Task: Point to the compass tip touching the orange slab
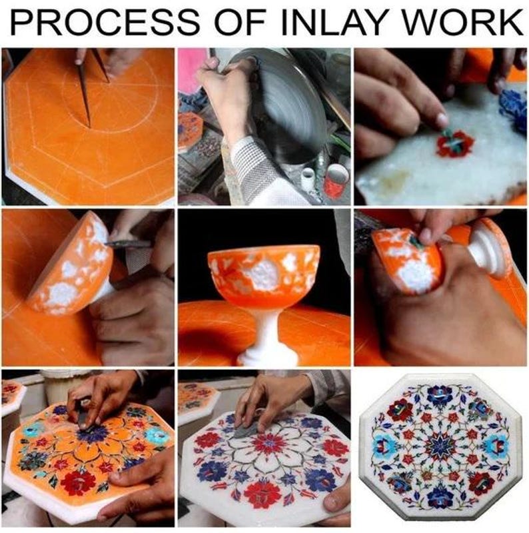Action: [89, 125]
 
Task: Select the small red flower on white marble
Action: [455, 143]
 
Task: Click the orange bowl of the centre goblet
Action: [264, 270]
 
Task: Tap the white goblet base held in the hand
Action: [493, 250]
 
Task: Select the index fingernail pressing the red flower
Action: [442, 120]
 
